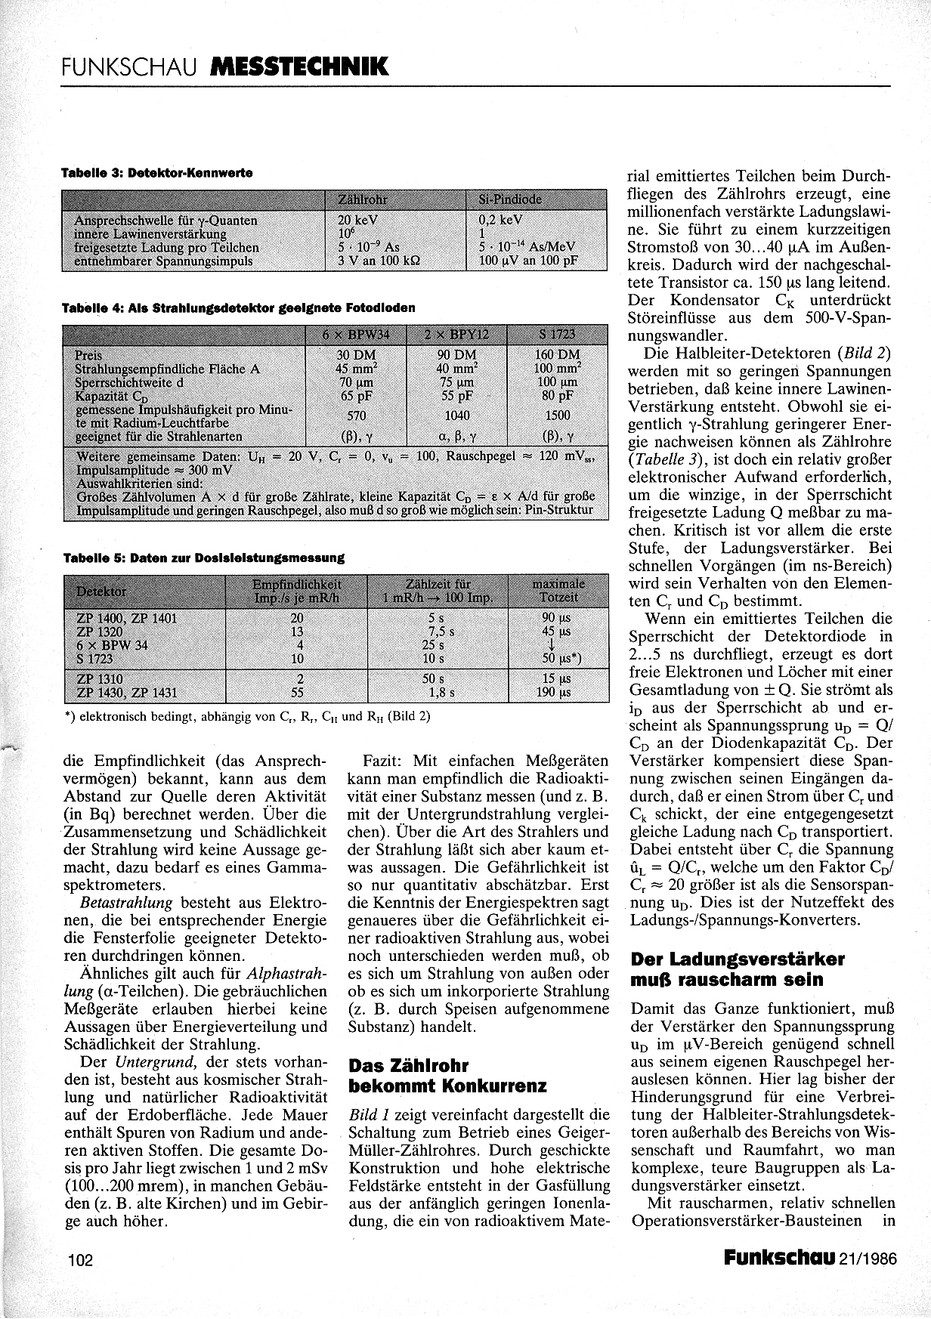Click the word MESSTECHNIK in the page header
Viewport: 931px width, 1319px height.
tap(301, 67)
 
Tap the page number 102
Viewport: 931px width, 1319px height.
tap(79, 1259)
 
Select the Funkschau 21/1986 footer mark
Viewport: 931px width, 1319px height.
tap(809, 1257)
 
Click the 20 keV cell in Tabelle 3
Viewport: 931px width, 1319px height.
tap(357, 221)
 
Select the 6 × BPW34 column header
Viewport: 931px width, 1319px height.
tap(355, 335)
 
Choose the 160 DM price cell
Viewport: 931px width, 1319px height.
tap(558, 354)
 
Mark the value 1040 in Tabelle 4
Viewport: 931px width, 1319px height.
tap(456, 415)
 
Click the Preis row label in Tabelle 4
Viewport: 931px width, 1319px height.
tap(88, 355)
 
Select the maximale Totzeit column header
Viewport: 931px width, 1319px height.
tap(558, 591)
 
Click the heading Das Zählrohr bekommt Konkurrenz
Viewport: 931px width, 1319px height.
tap(447, 1076)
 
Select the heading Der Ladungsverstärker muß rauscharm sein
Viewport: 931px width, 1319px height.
tap(738, 969)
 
